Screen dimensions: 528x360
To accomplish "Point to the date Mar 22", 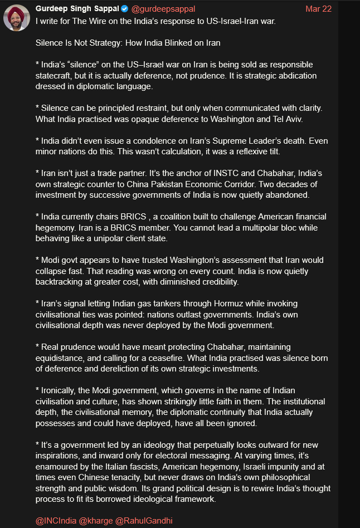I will click(x=318, y=9).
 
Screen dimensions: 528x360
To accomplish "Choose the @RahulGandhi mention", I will click(x=144, y=520).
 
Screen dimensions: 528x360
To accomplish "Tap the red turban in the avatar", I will click(x=16, y=11).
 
